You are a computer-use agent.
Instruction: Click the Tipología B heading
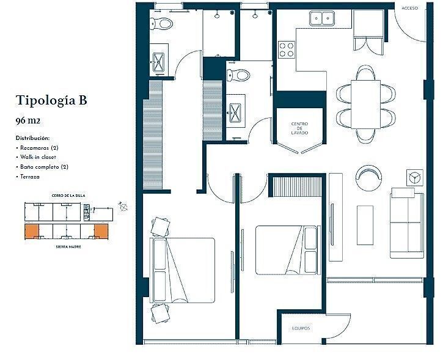[x=51, y=100]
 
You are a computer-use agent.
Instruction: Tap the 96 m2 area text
[x=28, y=120]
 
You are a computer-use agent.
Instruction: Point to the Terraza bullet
[x=28, y=177]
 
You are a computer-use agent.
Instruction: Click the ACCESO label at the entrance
[x=409, y=8]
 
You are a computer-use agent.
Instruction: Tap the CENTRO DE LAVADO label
[x=299, y=128]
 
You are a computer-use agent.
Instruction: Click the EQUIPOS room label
[x=301, y=328]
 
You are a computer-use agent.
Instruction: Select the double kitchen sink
[x=322, y=18]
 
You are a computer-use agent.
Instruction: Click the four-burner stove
[x=287, y=50]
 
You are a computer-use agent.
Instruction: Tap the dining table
[x=366, y=105]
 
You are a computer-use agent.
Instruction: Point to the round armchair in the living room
[x=368, y=178]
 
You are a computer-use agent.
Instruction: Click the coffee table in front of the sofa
[x=365, y=225]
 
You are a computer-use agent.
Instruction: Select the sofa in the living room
[x=407, y=226]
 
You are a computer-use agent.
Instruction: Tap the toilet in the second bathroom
[x=239, y=75]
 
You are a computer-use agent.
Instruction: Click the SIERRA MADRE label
[x=68, y=247]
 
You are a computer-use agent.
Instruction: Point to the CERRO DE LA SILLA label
[x=68, y=196]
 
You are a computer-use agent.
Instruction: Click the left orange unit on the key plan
[x=31, y=232]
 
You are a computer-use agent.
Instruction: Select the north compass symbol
[x=123, y=207]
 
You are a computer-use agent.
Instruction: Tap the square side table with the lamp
[x=415, y=178]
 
